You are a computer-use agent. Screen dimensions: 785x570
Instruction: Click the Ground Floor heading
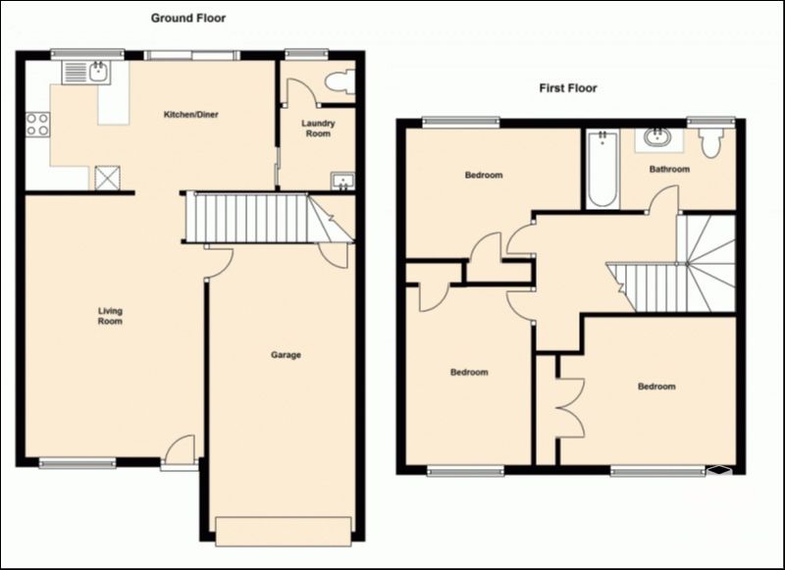coord(188,19)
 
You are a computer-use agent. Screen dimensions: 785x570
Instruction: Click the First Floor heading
coord(568,88)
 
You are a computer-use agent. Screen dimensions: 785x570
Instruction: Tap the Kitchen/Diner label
coord(191,115)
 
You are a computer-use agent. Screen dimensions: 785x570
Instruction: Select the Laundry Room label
coord(318,129)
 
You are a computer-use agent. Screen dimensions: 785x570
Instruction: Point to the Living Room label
coord(110,316)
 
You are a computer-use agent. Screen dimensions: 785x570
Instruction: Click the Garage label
coord(286,355)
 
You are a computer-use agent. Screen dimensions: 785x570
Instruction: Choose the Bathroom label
coord(669,169)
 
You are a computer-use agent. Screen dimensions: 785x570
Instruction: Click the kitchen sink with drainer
coord(86,73)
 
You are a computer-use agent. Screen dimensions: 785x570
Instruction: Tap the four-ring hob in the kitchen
coord(37,125)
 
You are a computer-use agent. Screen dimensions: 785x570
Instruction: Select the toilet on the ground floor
coord(340,81)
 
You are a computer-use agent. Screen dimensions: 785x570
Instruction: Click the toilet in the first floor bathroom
coord(710,142)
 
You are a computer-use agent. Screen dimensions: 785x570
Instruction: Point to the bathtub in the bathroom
coord(602,169)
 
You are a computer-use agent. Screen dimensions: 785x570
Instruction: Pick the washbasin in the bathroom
coord(658,138)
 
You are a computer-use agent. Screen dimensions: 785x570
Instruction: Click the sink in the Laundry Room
coord(342,181)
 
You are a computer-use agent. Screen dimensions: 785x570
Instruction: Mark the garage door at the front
coord(283,532)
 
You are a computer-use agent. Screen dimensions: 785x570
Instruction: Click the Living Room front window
coord(78,463)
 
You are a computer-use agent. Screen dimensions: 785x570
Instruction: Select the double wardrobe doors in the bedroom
coord(570,408)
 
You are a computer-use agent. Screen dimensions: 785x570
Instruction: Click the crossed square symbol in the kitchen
coord(108,179)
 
